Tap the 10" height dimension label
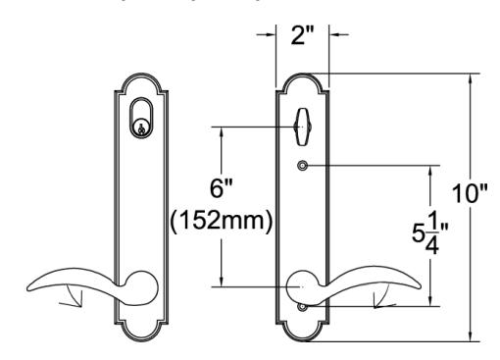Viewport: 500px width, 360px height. pyautogui.click(x=470, y=193)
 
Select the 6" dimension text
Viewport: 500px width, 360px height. pyautogui.click(x=221, y=188)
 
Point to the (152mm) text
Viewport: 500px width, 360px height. pyautogui.click(x=222, y=221)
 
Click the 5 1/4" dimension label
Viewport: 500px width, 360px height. pyautogui.click(x=429, y=232)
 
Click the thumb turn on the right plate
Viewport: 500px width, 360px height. pyautogui.click(x=303, y=127)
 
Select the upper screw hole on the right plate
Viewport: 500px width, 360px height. pyautogui.click(x=303, y=166)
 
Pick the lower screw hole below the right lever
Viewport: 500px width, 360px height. pyautogui.click(x=303, y=307)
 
